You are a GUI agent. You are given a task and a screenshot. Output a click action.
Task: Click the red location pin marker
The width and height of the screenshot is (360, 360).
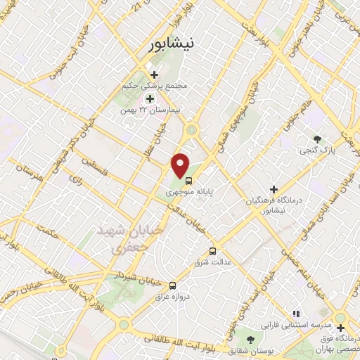[181, 165]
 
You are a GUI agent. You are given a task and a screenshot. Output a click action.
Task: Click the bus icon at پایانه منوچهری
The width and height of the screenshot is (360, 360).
[187, 179]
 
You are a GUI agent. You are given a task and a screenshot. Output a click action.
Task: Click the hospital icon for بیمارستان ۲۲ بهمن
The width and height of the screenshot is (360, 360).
[150, 99]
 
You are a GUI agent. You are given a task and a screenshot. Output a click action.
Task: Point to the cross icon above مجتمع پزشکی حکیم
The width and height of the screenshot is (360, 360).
[154, 75]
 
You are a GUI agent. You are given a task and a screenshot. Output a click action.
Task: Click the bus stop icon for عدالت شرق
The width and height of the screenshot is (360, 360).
[212, 251]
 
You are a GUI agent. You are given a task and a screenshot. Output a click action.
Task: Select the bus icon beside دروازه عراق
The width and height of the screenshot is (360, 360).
[172, 285]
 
